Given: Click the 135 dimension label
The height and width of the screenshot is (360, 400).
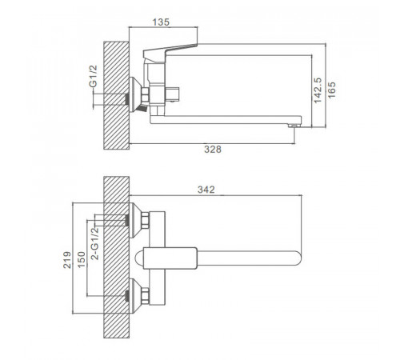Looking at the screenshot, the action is [161, 22].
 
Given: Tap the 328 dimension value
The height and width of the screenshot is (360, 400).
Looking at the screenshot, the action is [213, 150].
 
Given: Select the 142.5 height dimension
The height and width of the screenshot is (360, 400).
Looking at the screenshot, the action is [318, 90].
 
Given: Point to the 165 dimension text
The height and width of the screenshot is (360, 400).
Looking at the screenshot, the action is [332, 90].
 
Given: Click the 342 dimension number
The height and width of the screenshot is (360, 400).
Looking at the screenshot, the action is [206, 190].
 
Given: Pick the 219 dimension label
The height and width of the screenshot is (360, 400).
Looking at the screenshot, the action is [67, 260].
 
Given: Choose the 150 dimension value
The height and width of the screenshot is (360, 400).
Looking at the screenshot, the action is [81, 259].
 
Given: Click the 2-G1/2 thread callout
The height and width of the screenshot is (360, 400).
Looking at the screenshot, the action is [95, 243].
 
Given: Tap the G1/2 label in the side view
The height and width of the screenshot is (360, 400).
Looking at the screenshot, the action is [93, 76].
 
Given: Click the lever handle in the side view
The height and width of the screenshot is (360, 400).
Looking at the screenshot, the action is [169, 51].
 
